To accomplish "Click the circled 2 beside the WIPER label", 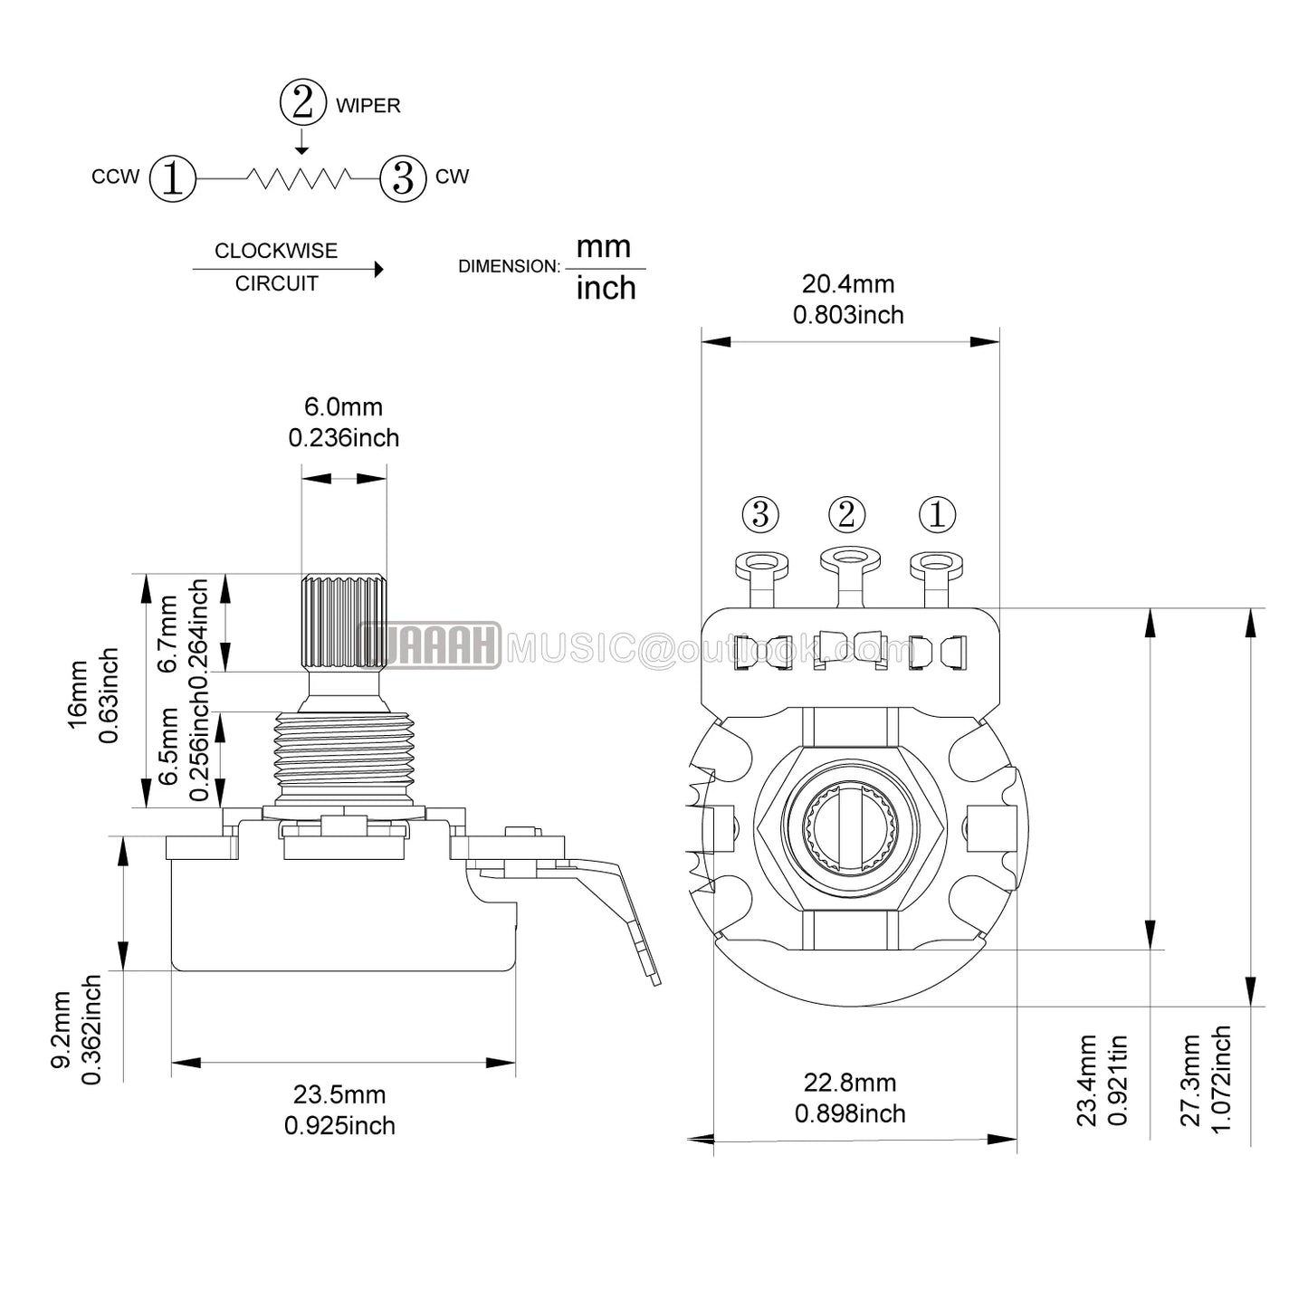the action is pyautogui.click(x=302, y=102).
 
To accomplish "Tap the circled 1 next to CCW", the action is pyautogui.click(x=172, y=178).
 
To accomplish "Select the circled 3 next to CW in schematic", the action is pyautogui.click(x=403, y=178).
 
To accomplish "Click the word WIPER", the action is pyautogui.click(x=368, y=106).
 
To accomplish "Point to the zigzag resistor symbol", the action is pyautogui.click(x=299, y=177).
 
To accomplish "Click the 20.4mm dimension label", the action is pyautogui.click(x=848, y=283).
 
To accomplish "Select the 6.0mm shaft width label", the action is pyautogui.click(x=343, y=406).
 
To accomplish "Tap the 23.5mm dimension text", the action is pyautogui.click(x=339, y=1095).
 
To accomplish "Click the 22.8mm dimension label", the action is pyautogui.click(x=850, y=1082).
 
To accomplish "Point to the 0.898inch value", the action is pyautogui.click(x=850, y=1113).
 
